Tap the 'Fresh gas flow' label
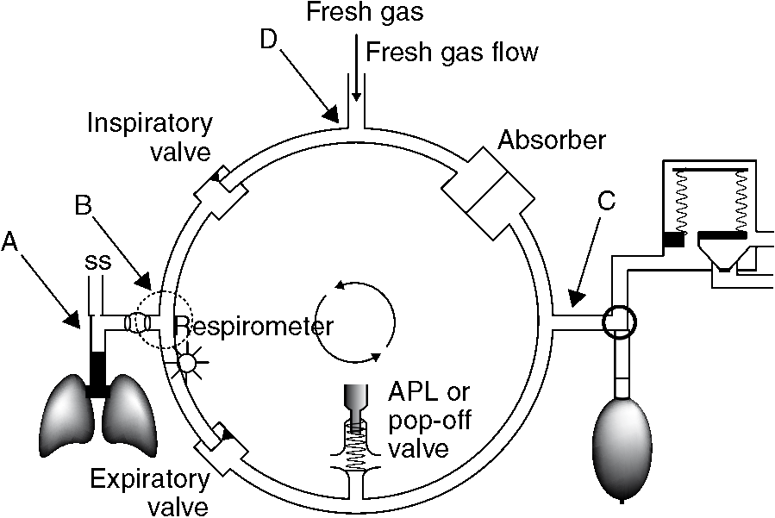point(452,53)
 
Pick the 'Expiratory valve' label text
point(151,490)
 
